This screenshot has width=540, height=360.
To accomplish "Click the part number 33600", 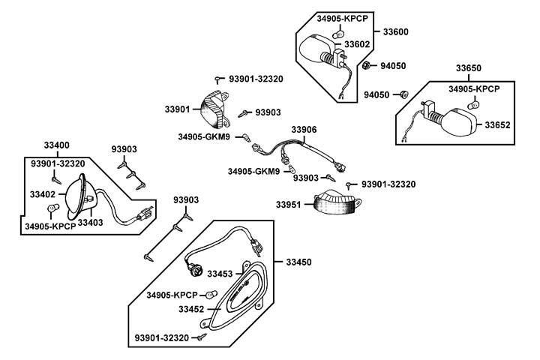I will pos(396,31).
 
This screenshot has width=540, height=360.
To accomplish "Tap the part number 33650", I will pos(469,69).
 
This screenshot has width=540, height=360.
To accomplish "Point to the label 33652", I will pos(497,124).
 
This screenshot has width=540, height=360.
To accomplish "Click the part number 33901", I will pos(178,109).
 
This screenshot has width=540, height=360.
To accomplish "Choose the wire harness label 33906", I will pos(304,129).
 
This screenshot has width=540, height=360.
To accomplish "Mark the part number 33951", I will pos(289,204).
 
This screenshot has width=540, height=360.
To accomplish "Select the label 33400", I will pos(56,144).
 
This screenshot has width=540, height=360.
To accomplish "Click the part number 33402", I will pos(43,194).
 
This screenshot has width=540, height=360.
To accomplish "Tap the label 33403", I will pos(91,222).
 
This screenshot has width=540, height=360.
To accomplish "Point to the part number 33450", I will pos(298,262).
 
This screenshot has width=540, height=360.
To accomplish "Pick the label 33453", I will pos(220,274).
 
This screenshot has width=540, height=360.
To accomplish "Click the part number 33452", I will pos(190,308).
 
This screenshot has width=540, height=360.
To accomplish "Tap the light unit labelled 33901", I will pos(214,109).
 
